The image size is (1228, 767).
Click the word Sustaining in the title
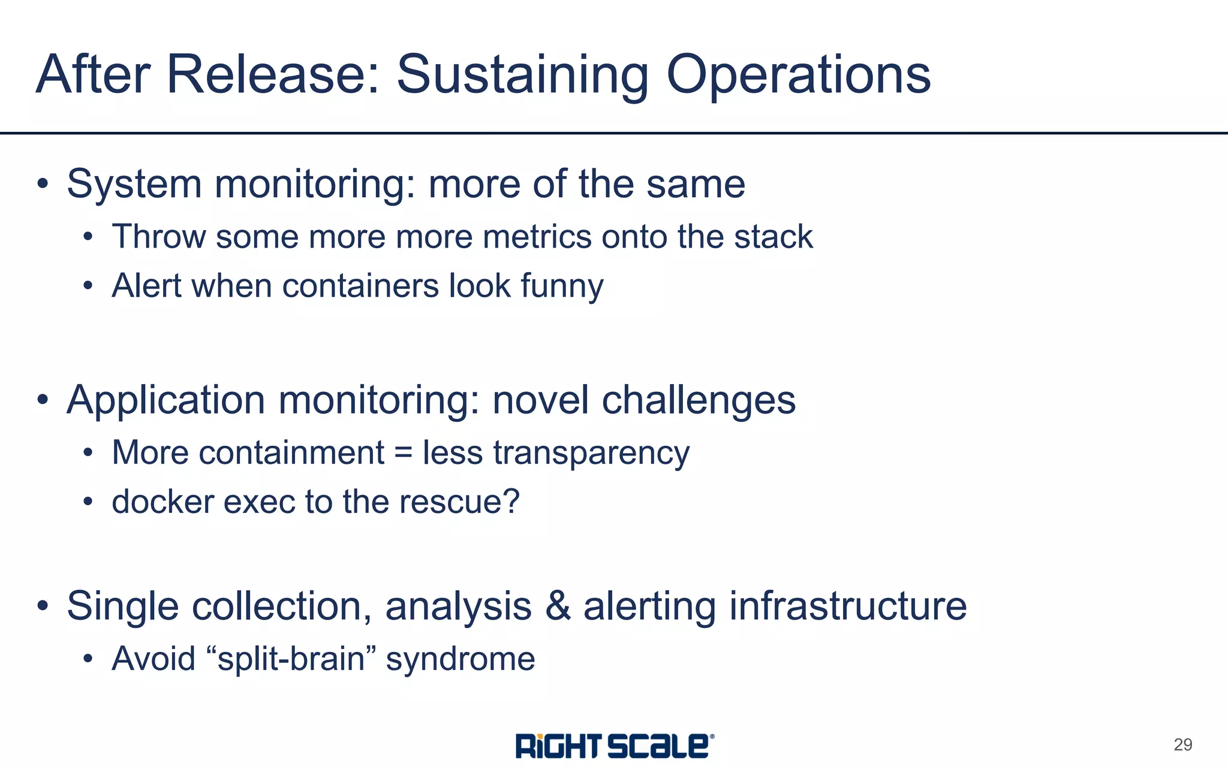point(522,76)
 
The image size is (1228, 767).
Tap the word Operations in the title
point(798,76)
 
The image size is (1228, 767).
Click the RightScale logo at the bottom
point(614,746)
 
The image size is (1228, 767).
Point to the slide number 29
point(1182,745)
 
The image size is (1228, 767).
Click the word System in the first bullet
point(134,184)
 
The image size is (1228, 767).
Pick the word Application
point(165,400)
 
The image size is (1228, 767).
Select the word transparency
point(591,454)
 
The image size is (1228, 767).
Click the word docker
point(162,502)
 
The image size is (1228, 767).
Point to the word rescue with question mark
point(459,502)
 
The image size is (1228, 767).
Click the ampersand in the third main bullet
point(558,606)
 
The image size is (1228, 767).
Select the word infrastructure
point(847,606)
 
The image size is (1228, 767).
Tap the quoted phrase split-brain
point(291,659)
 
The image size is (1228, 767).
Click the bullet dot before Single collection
point(42,606)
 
